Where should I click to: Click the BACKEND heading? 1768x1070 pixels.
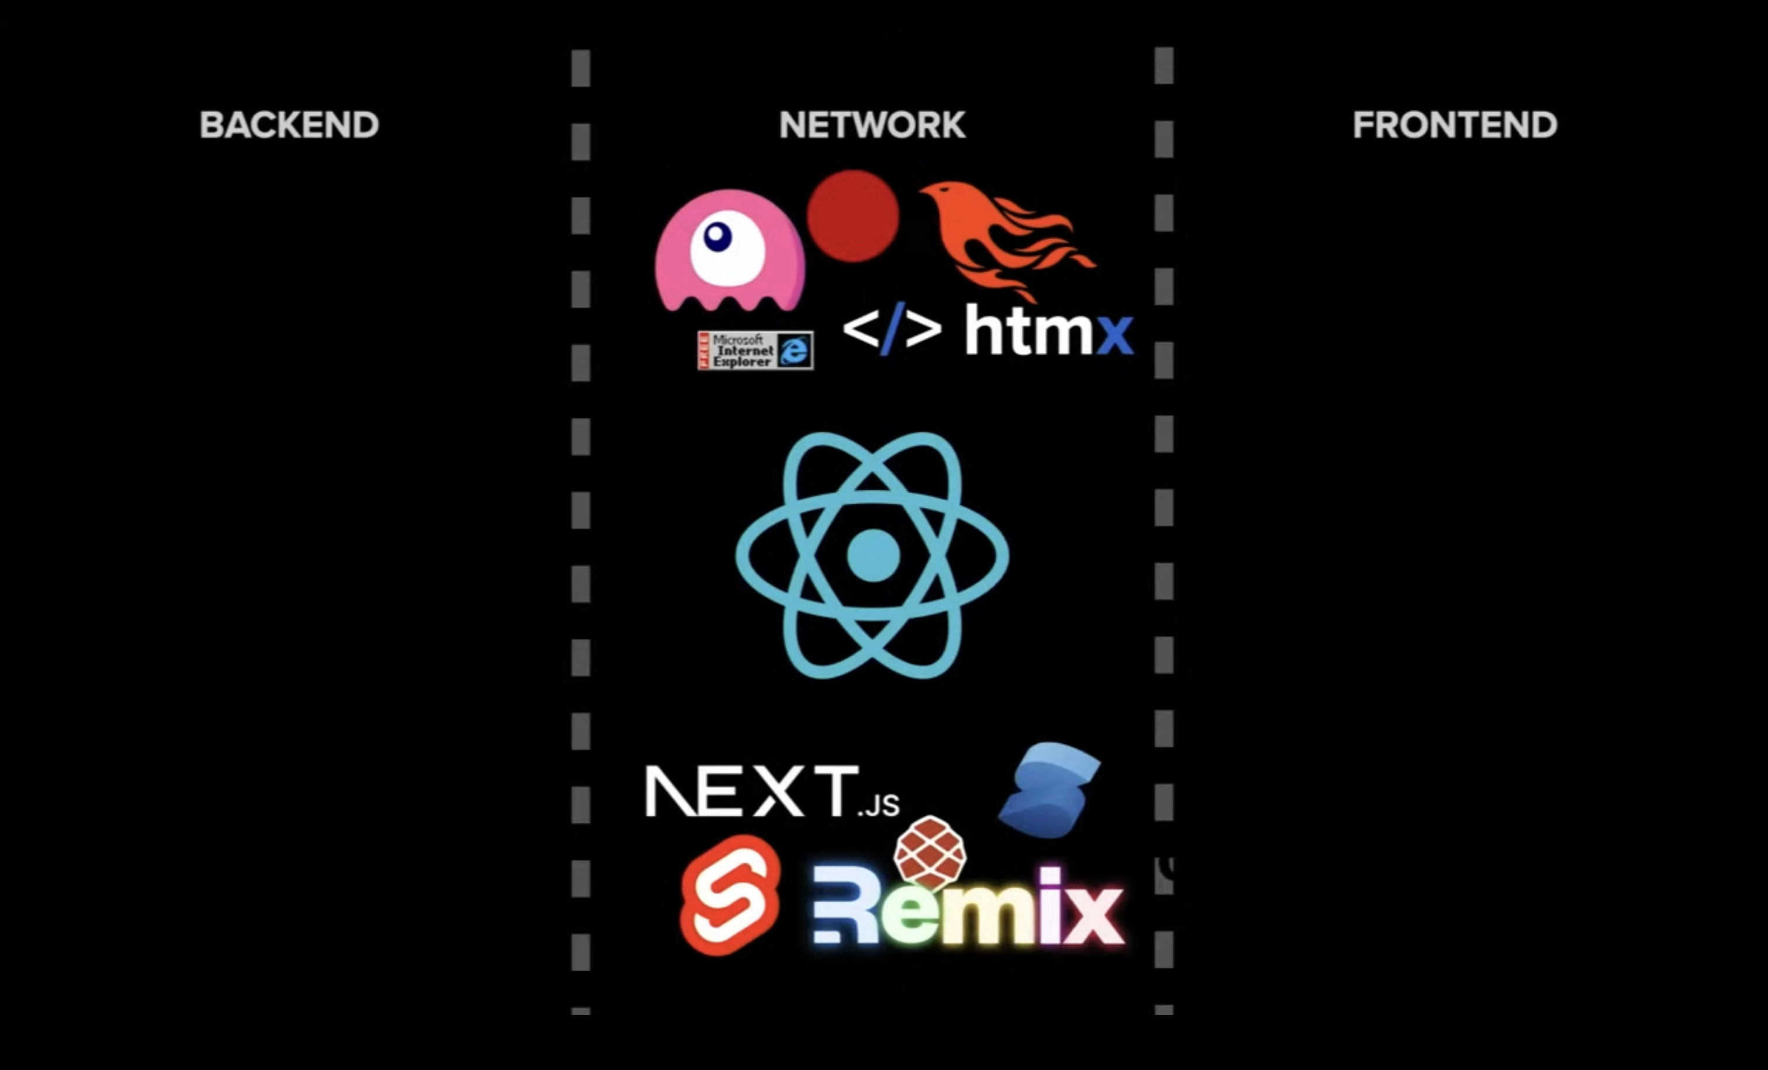289,125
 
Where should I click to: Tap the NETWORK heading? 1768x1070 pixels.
872,125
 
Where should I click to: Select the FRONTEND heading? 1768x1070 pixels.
1455,125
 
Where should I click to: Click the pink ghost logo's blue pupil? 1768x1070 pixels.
717,236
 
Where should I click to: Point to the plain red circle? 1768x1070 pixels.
852,215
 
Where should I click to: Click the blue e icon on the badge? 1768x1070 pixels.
795,351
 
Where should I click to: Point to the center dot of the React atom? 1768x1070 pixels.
872,555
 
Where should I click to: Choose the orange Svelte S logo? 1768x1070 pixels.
730,894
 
